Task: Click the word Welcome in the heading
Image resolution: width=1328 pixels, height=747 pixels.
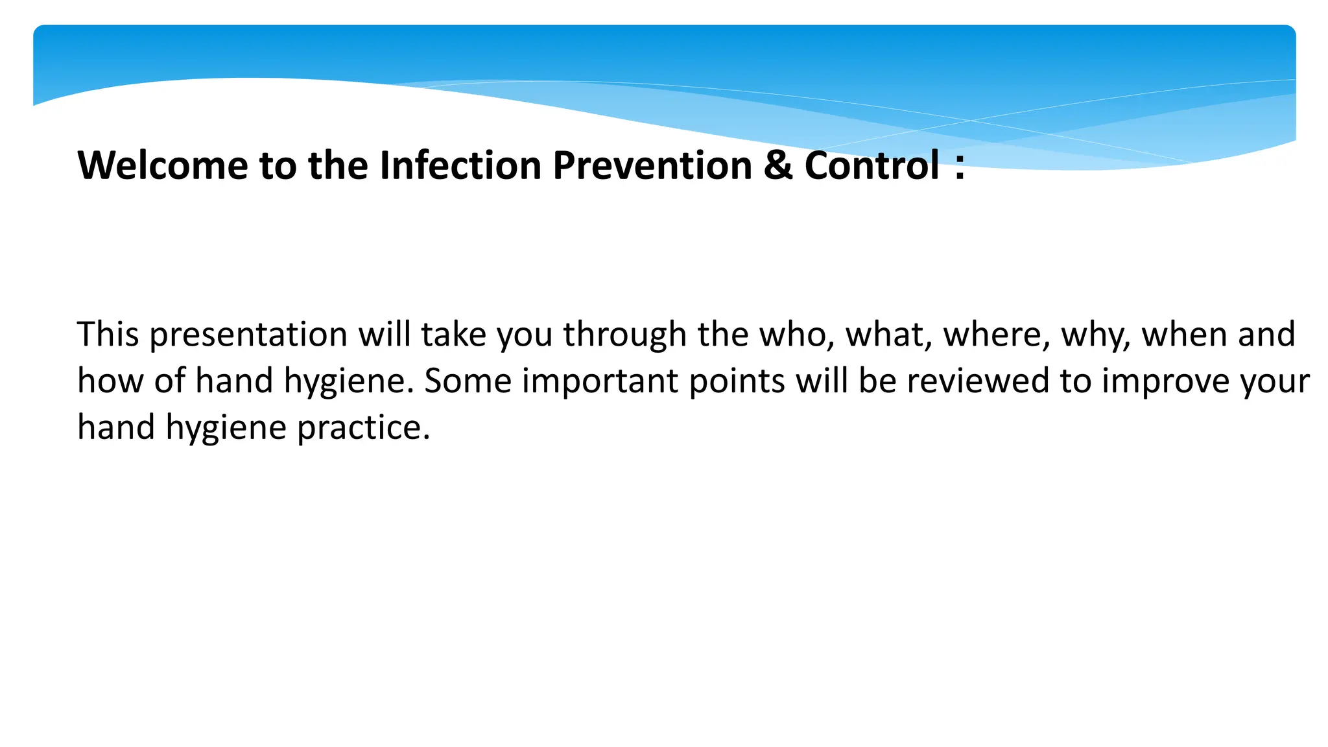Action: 162,165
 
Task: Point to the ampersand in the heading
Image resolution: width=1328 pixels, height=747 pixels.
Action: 777,165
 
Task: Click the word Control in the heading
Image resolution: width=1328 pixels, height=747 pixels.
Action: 871,165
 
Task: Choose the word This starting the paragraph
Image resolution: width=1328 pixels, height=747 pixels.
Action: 108,335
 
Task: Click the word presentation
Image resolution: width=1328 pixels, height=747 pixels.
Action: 249,336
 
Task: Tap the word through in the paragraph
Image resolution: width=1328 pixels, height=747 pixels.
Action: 624,336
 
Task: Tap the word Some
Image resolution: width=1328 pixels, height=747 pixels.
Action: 468,381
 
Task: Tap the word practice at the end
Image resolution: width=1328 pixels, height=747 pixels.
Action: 363,429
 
